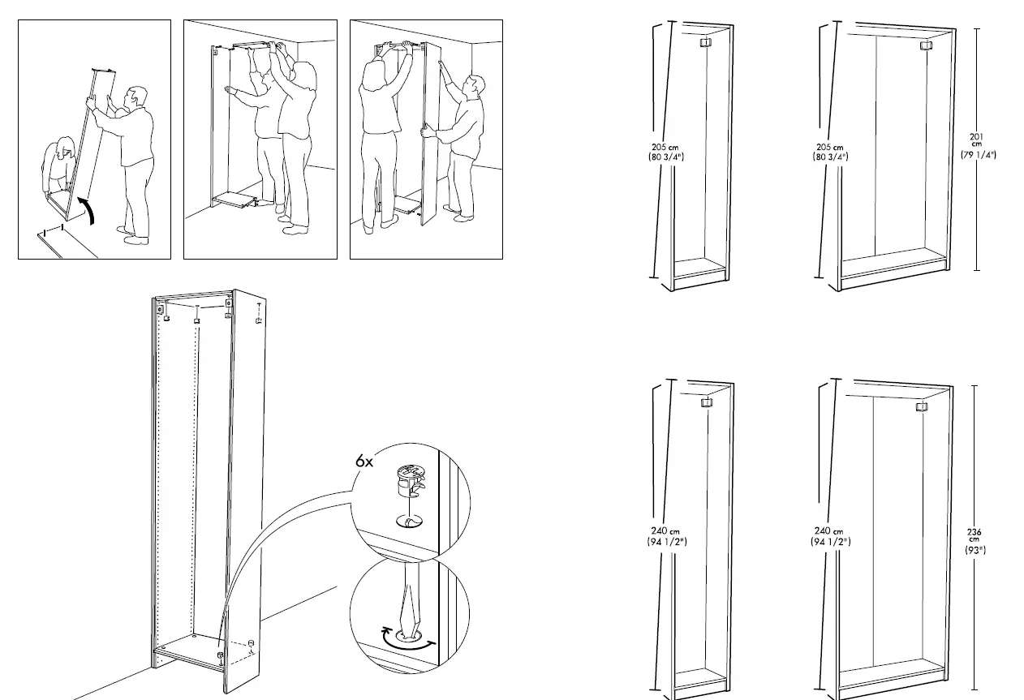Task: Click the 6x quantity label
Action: [x=364, y=461]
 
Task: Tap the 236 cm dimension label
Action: [x=975, y=535]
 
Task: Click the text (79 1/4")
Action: [x=977, y=154]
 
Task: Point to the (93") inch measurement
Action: [x=975, y=550]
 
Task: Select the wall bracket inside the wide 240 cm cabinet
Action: [x=921, y=407]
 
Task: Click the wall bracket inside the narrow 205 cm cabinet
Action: [x=704, y=43]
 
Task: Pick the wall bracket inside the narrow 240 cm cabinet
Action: [x=706, y=402]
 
